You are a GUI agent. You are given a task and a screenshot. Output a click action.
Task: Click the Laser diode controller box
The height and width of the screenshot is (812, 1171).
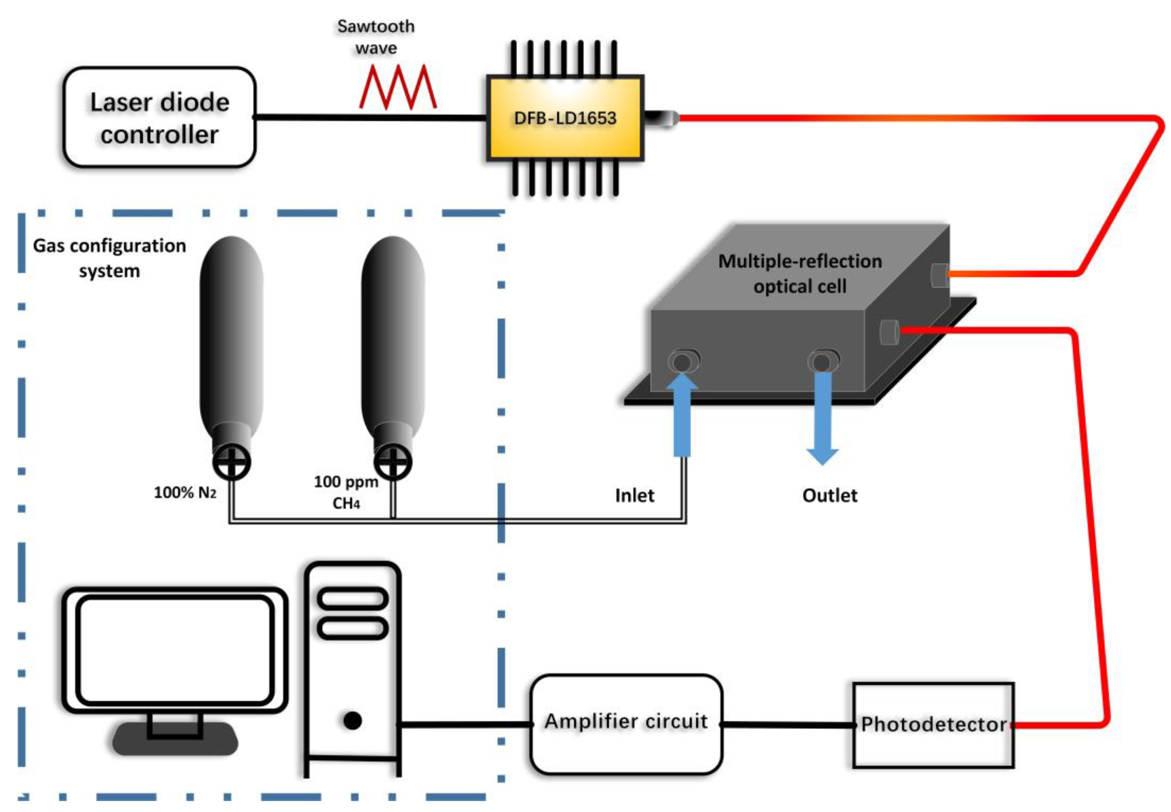pyautogui.click(x=159, y=117)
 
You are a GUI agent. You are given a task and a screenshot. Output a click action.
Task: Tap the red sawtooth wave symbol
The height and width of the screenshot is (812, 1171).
pyautogui.click(x=398, y=87)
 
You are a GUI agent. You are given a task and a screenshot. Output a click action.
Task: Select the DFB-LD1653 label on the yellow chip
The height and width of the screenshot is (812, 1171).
pyautogui.click(x=564, y=118)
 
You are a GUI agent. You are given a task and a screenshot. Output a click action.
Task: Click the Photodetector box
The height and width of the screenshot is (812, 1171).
pyautogui.click(x=933, y=724)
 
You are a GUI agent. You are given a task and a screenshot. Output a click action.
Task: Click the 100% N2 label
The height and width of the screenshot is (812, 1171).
pyautogui.click(x=185, y=492)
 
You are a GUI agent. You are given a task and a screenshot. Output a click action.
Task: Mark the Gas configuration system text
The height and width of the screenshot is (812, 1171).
pyautogui.click(x=109, y=258)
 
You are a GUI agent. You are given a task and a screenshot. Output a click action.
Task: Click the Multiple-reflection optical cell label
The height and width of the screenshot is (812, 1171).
pyautogui.click(x=800, y=274)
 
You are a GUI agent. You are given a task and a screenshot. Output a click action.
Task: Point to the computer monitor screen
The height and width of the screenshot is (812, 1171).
pyautogui.click(x=175, y=650)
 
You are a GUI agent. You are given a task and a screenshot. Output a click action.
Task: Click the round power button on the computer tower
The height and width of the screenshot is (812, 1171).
pyautogui.click(x=352, y=720)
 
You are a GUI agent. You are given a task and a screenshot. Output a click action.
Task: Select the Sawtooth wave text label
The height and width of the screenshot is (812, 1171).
pyautogui.click(x=376, y=37)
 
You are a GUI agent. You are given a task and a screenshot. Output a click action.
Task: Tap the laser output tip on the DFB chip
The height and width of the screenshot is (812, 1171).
pyautogui.click(x=662, y=118)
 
